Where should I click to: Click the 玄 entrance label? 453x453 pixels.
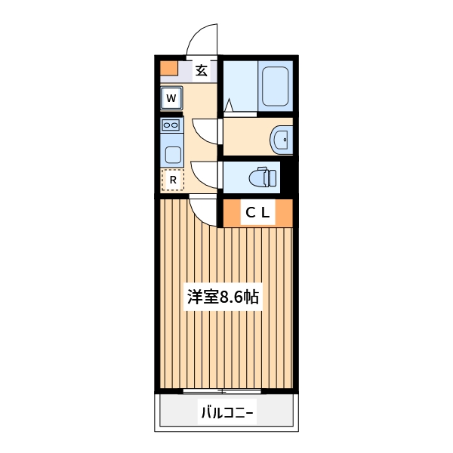[x=202, y=71]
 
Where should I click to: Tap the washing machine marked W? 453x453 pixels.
[x=171, y=98]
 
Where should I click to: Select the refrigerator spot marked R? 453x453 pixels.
[x=173, y=180]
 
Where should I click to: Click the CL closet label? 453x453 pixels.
[x=257, y=214]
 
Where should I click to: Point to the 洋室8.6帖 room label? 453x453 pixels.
[x=223, y=297]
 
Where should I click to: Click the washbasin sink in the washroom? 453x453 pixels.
[x=281, y=139]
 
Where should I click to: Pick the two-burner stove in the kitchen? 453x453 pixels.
[x=171, y=125]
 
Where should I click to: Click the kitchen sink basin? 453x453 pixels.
[x=172, y=155]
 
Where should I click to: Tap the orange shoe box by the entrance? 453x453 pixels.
[x=169, y=68]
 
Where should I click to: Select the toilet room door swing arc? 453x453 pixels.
[x=205, y=174]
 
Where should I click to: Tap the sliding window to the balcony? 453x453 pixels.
[x=223, y=391]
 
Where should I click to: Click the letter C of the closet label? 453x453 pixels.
[x=248, y=214]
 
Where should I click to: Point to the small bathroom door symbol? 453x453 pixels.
[x=228, y=106]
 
